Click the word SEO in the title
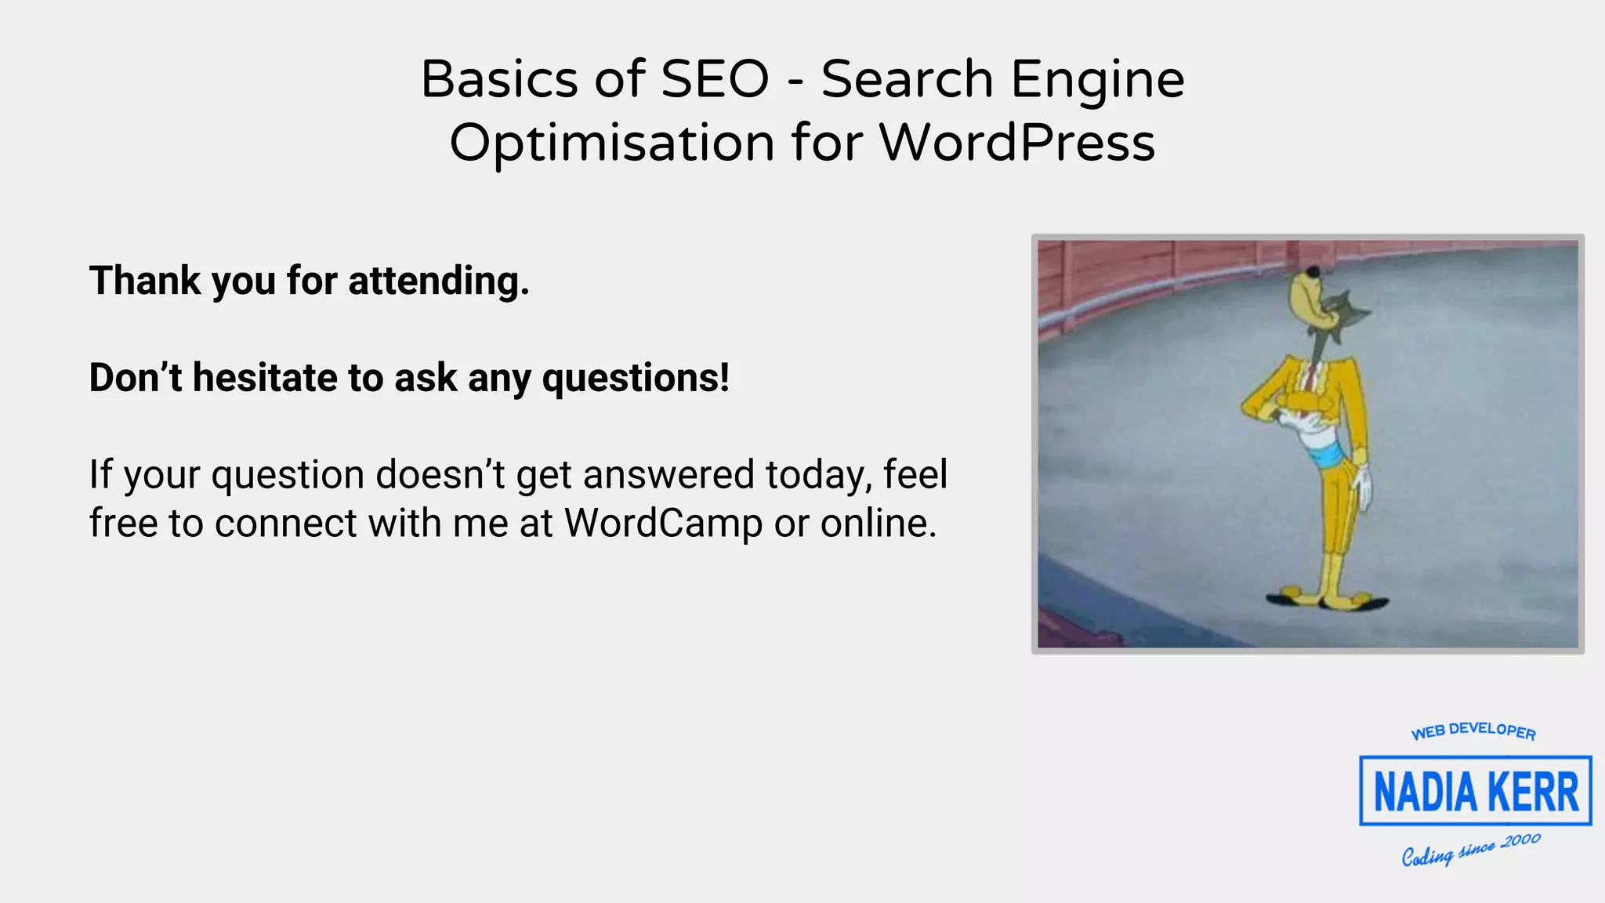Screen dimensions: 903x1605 [x=715, y=79]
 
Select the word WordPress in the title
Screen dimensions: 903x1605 [x=1016, y=143]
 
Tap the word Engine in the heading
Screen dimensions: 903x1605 [x=1097, y=81]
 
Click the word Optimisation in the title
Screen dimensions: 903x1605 [x=612, y=144]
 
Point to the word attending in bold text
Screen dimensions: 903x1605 [x=438, y=281]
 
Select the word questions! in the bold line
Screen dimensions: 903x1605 [x=636, y=379]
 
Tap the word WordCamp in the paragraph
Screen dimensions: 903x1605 [x=663, y=524]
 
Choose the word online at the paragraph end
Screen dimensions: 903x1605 [x=877, y=524]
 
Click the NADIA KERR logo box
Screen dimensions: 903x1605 [x=1475, y=790]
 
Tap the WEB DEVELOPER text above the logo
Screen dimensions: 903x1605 [x=1473, y=731]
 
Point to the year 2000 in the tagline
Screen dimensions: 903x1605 [x=1521, y=841]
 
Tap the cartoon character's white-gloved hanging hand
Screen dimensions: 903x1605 [x=1364, y=487]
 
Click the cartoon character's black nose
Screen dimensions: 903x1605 [x=1313, y=272]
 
